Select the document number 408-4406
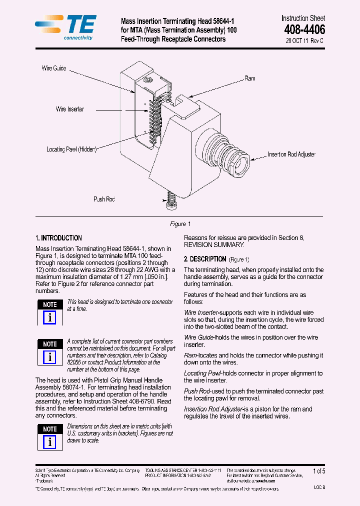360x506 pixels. [304, 29]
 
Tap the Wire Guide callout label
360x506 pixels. [54, 68]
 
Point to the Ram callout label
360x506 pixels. [250, 78]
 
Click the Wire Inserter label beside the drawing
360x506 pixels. [70, 109]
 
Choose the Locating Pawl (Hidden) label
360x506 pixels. [71, 149]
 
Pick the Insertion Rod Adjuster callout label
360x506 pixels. [291, 154]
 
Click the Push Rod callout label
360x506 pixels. [104, 199]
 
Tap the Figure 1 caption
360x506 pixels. [180, 224]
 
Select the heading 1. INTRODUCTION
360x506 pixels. [59, 238]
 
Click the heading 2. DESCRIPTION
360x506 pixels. [205, 259]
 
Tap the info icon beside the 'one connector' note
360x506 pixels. [50, 317]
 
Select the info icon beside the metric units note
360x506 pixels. [50, 442]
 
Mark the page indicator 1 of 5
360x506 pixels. [318, 471]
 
